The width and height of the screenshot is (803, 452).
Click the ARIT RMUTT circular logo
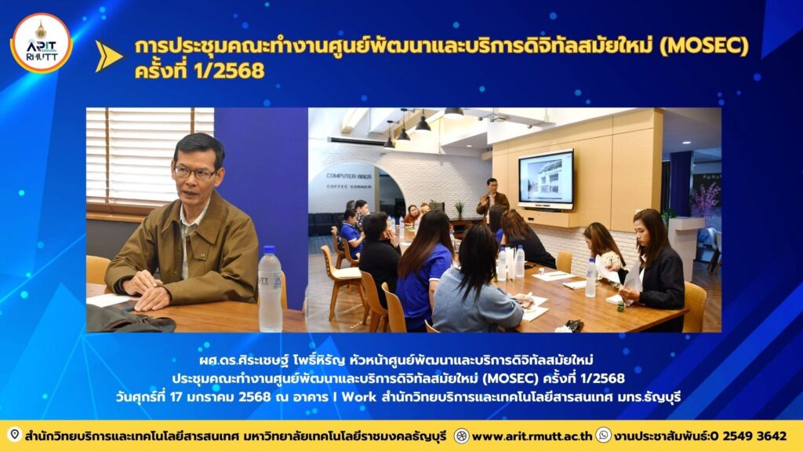[x=41, y=43]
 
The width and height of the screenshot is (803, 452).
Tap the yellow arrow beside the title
[x=108, y=56]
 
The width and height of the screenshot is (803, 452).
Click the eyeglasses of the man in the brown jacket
[x=194, y=172]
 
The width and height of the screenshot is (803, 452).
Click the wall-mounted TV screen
[x=546, y=180]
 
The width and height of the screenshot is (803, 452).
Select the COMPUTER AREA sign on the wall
[x=349, y=176]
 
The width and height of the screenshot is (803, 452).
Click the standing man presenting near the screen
[x=492, y=197]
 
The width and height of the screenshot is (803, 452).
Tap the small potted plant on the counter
[x=459, y=209]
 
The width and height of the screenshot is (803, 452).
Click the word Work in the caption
[x=358, y=396]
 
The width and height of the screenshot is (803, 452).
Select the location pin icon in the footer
[x=14, y=435]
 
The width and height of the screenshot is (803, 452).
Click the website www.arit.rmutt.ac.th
[x=532, y=436]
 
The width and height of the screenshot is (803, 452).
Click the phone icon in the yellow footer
[x=603, y=435]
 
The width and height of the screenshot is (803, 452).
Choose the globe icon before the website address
[x=461, y=436]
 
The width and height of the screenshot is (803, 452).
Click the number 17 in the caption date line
[x=176, y=396]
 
